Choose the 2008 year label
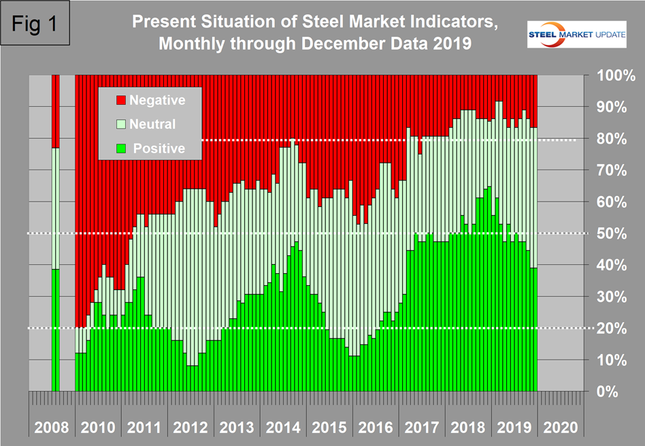52,428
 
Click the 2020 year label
561,428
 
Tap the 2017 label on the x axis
422,428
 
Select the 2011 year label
144,428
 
